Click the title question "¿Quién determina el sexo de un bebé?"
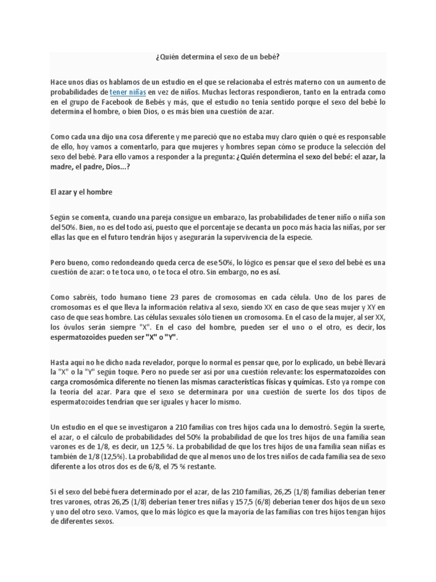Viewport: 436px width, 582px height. point(217,57)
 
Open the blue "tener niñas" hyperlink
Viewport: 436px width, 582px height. point(128,92)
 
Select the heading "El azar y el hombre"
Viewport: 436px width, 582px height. point(81,192)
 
